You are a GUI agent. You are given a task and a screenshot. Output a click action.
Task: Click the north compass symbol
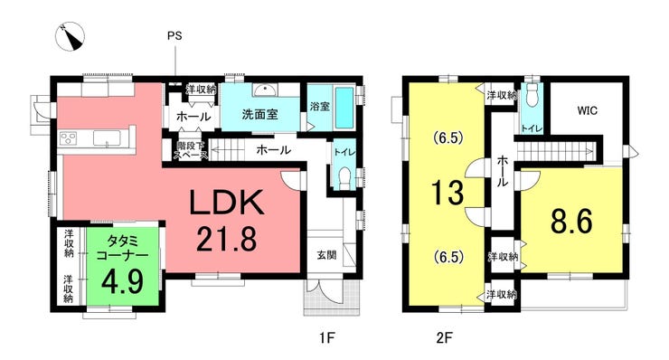70,36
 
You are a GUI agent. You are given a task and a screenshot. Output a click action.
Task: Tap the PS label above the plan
174,36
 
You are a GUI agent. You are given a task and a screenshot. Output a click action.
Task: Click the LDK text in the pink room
226,203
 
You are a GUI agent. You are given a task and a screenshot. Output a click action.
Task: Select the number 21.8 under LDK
227,238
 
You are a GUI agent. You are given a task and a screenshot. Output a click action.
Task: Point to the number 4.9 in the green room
122,280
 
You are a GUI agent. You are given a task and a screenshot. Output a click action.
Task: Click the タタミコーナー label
122,248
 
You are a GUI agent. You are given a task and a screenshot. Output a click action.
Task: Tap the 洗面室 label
259,114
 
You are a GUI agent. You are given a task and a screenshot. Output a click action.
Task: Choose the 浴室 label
319,106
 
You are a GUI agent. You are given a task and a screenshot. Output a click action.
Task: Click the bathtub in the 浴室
344,108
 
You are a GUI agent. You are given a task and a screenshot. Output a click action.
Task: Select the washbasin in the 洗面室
266,90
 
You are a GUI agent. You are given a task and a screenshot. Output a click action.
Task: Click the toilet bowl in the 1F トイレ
344,177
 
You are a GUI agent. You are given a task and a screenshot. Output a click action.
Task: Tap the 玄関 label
327,255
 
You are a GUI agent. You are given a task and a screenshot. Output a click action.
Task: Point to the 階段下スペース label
190,150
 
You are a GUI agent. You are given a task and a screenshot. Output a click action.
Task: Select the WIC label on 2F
588,111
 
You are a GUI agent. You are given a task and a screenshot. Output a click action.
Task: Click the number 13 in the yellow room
448,192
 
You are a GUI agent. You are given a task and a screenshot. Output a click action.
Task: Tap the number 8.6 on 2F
571,222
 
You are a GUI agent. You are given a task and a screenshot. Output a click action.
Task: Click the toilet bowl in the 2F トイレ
532,96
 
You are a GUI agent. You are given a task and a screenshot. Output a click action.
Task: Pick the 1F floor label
327,338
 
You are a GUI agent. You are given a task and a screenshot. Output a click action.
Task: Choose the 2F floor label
444,338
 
